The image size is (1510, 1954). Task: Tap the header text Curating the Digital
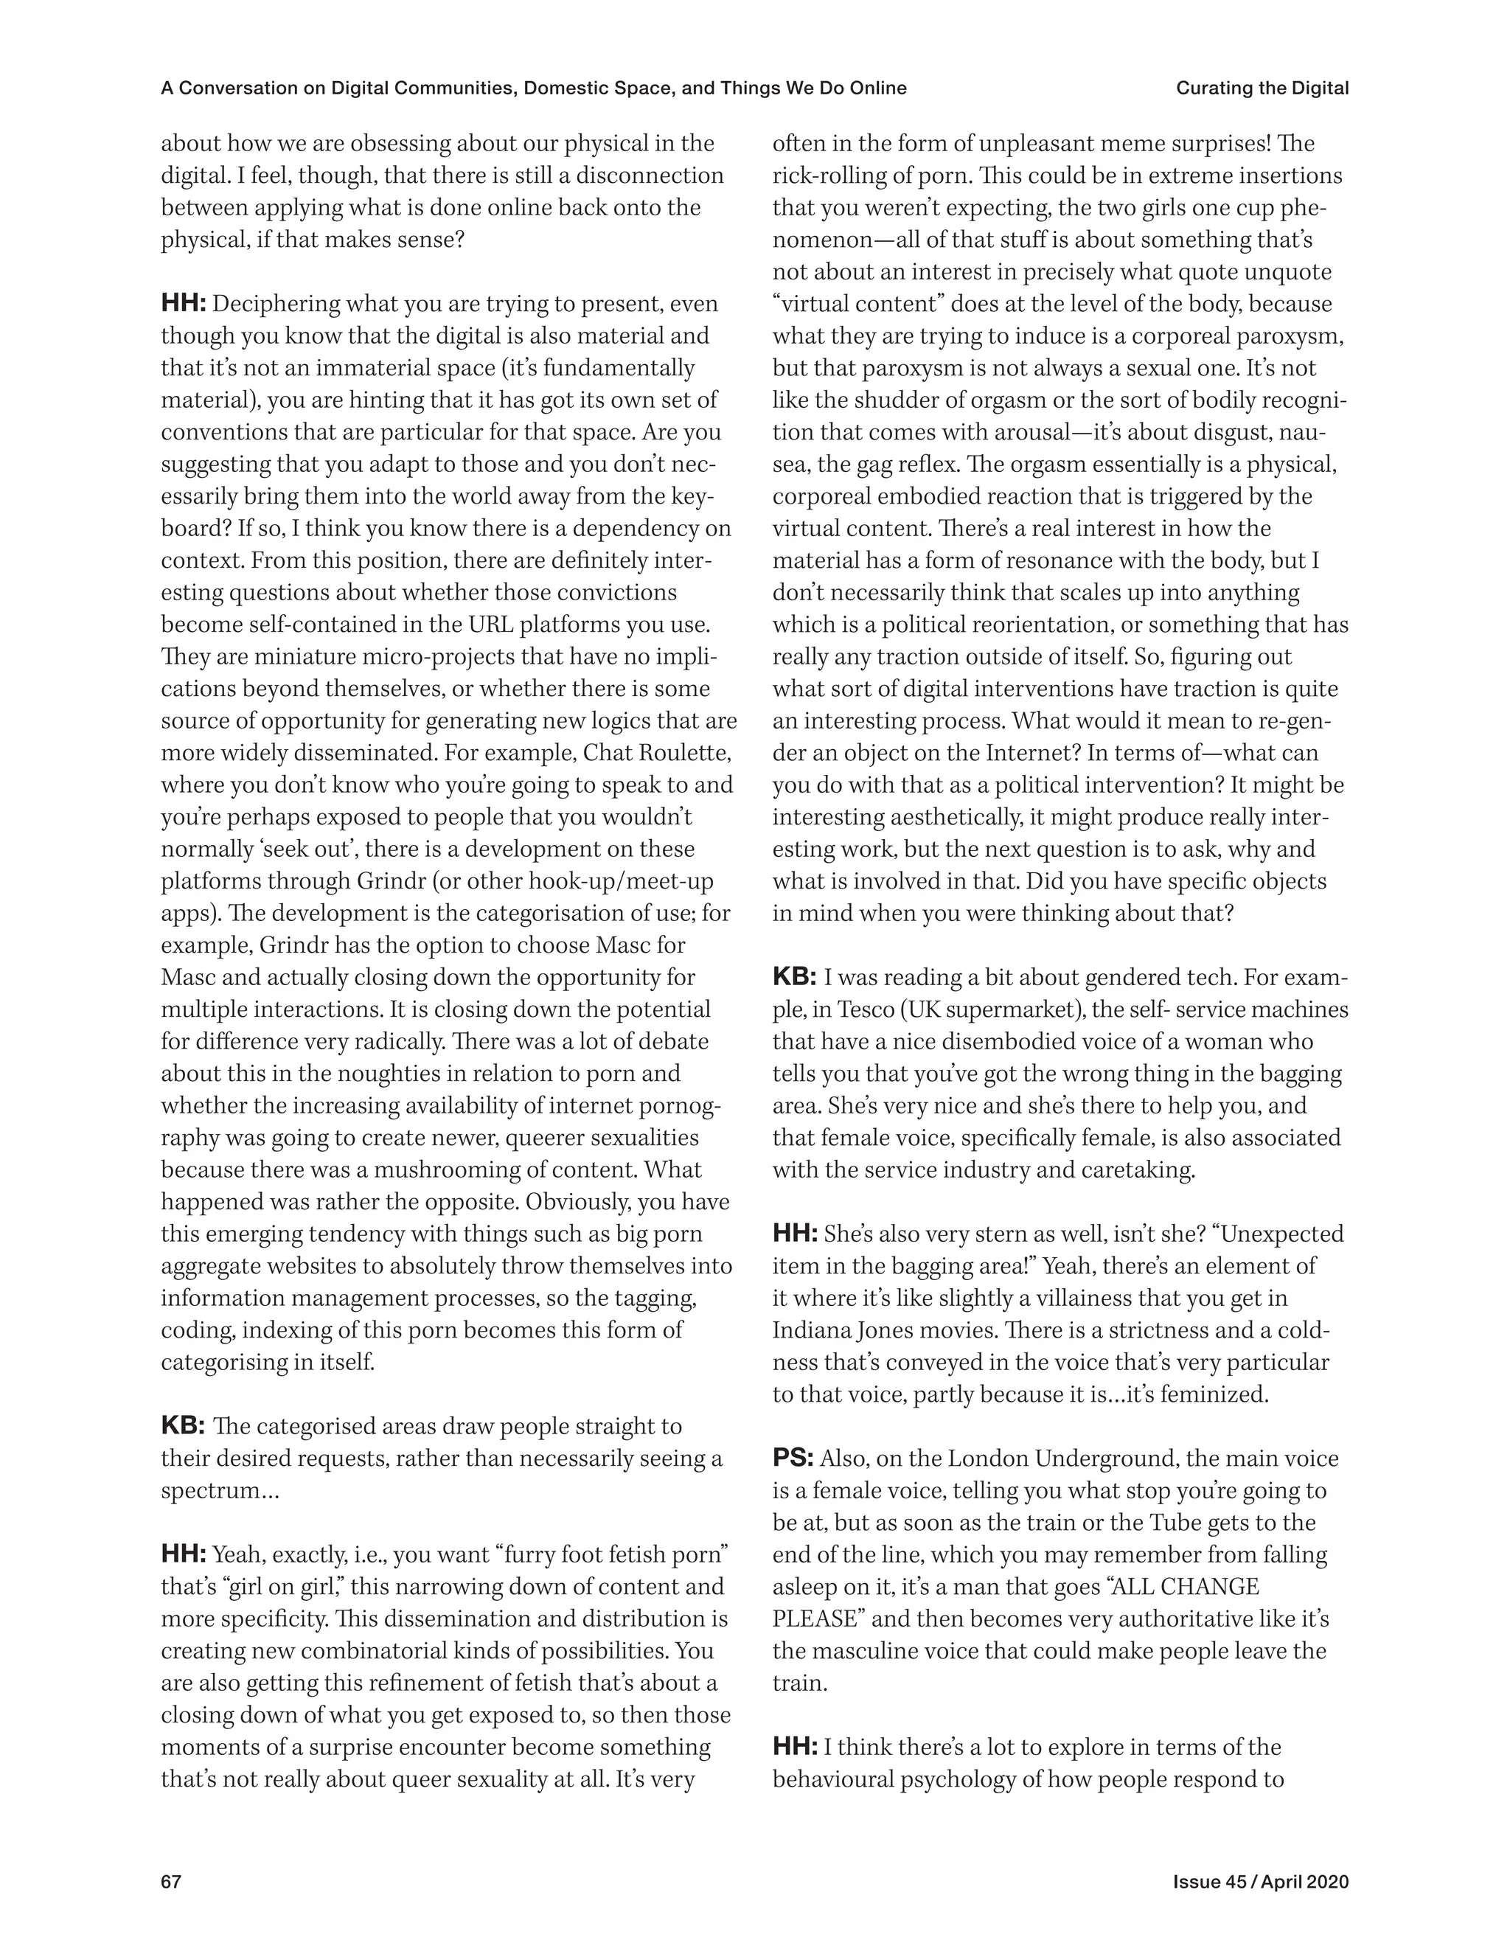click(1262, 88)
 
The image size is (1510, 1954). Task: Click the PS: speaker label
click(793, 1459)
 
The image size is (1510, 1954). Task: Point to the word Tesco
click(863, 1010)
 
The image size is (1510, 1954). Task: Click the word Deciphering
click(274, 305)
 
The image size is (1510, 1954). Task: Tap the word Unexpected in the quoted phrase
click(1282, 1234)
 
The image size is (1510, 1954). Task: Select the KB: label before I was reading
click(793, 977)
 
